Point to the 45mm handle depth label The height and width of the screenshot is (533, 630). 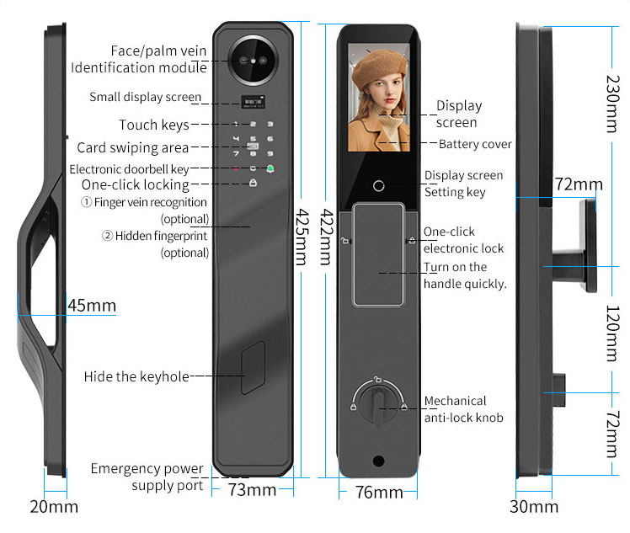tap(91, 305)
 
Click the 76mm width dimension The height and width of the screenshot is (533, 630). tap(378, 492)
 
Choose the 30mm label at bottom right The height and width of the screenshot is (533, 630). tap(534, 506)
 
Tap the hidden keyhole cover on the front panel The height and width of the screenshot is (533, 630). tap(252, 368)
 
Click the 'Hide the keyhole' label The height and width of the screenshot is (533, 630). tap(136, 376)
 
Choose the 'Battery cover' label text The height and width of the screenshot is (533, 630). tap(475, 144)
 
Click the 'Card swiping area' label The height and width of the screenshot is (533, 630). tap(132, 148)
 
